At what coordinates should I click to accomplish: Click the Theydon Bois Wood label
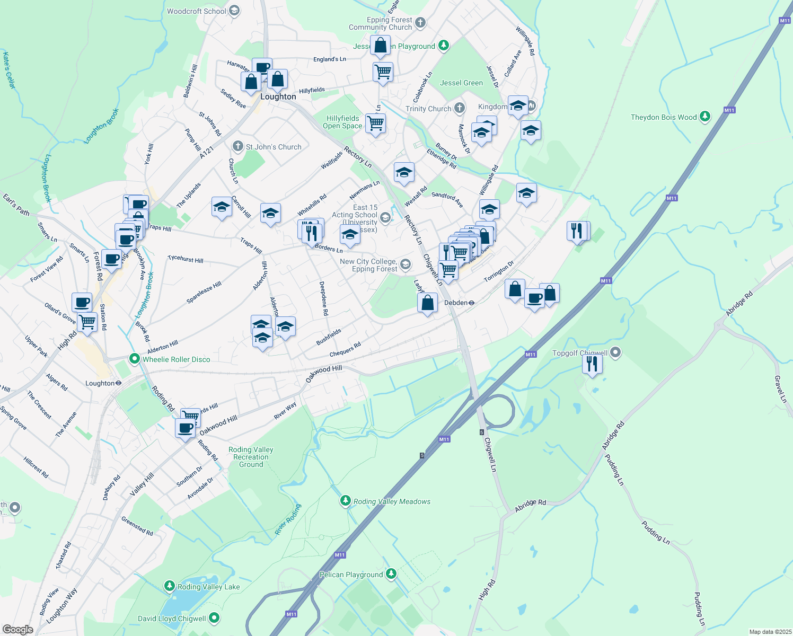click(664, 117)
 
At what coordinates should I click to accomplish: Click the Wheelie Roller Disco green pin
click(135, 359)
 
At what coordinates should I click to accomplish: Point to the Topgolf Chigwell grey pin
click(615, 352)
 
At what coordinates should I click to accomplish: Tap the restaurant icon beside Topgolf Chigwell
click(592, 364)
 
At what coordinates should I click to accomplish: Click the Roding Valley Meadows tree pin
click(346, 501)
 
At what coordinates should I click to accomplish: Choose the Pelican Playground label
click(351, 575)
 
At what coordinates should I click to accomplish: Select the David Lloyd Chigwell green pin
click(214, 618)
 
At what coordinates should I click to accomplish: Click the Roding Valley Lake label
click(208, 587)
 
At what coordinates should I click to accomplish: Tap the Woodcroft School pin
click(234, 11)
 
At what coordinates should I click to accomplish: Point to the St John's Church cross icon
click(237, 146)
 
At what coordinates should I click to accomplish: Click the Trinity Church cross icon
click(459, 108)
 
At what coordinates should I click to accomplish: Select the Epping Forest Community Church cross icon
click(420, 22)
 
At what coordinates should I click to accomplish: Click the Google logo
click(17, 630)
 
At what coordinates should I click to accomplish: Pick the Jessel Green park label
click(461, 83)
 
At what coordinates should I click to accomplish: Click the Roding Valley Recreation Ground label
click(251, 457)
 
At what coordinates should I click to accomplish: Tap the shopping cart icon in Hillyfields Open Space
click(376, 123)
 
